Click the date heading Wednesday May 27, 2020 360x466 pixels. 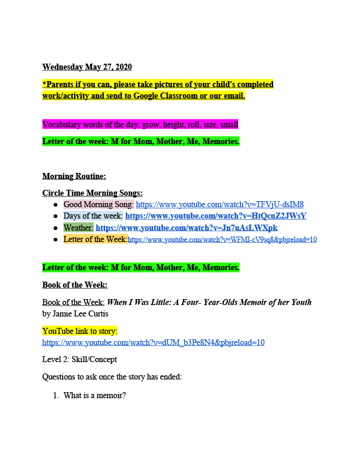87,67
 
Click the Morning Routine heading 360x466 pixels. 74,176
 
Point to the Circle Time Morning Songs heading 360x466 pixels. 92,193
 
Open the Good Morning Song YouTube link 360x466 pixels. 220,204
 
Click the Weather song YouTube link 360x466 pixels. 187,228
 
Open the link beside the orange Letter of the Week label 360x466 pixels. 222,239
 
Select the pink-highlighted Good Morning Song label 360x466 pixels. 98,204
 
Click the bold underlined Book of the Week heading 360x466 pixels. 74,285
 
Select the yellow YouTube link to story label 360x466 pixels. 79,330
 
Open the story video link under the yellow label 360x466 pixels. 153,342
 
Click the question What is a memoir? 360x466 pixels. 94,395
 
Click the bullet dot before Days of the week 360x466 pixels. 55,216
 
